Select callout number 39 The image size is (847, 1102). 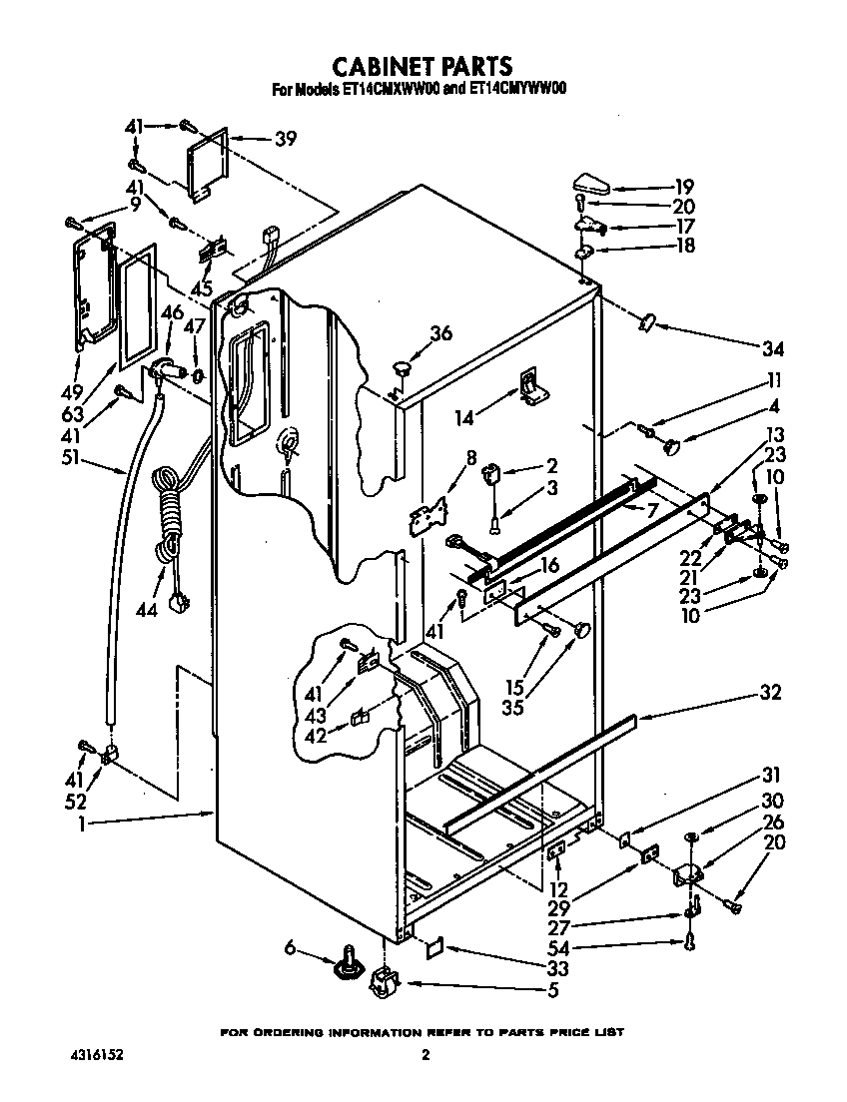point(285,140)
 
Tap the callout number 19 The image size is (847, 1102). point(683,186)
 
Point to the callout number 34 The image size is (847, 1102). point(772,348)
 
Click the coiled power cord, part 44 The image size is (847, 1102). point(168,519)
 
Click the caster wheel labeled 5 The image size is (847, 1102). point(382,985)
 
